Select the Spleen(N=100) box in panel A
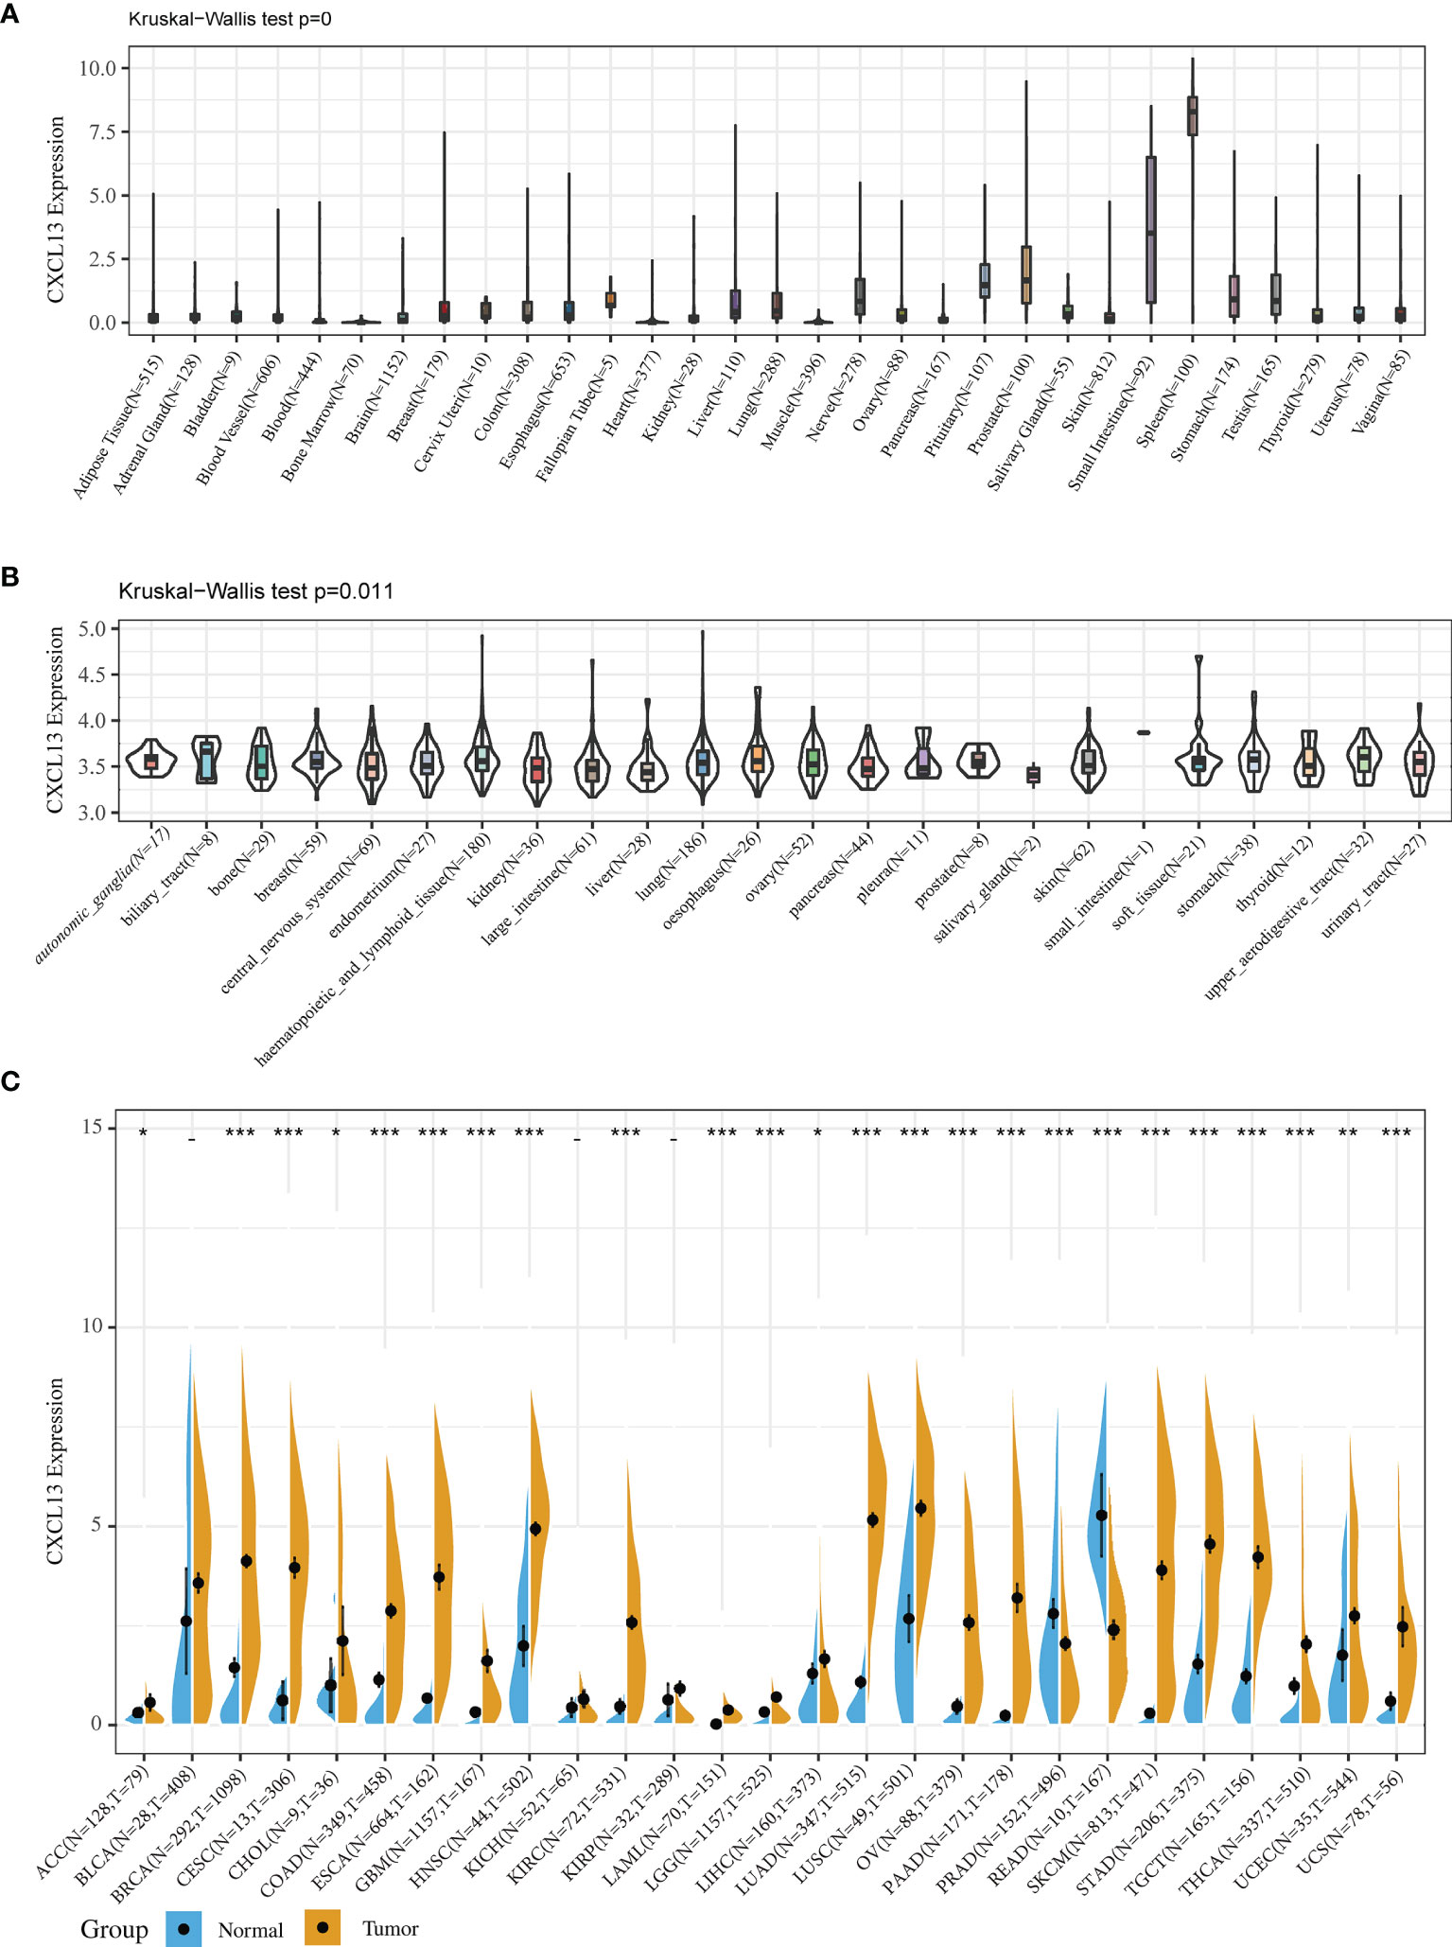[x=1192, y=115]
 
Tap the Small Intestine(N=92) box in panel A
[x=1150, y=230]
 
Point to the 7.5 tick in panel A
[x=97, y=132]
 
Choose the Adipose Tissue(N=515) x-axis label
[x=118, y=426]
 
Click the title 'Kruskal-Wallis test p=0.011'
[x=255, y=591]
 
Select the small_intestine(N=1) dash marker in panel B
[x=1143, y=732]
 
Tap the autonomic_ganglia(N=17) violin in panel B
[x=151, y=759]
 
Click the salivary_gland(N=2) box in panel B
[x=1033, y=776]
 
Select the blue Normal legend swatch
[x=184, y=1928]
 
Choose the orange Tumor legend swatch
[x=323, y=1928]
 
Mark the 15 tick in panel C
[x=92, y=1127]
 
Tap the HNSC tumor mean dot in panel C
[x=535, y=1528]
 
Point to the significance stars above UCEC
[x=1348, y=1132]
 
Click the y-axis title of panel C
[x=55, y=1471]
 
